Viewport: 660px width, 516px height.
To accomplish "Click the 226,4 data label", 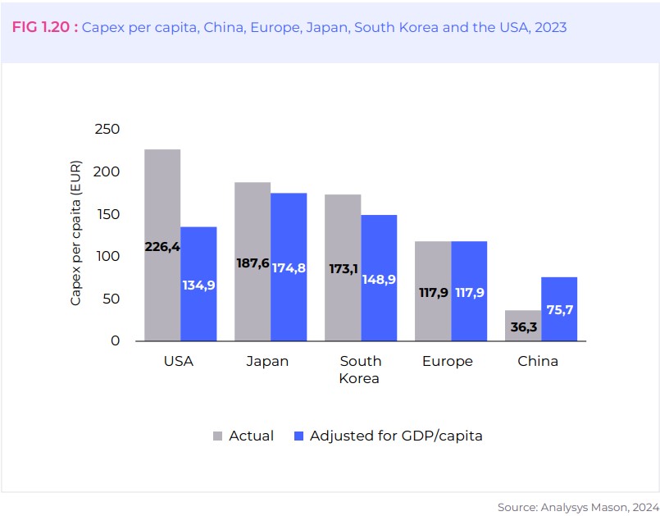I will (162, 246).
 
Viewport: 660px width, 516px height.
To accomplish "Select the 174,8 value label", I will (289, 267).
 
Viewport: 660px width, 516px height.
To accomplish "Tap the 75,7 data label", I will (559, 310).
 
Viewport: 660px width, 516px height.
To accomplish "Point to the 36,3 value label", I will (522, 326).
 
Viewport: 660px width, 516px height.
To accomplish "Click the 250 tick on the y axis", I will (107, 130).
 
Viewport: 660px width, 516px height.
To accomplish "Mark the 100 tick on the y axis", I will (107, 257).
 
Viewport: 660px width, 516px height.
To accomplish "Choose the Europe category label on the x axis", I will (448, 361).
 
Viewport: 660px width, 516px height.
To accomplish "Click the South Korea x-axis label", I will (361, 369).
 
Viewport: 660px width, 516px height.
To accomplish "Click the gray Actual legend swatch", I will (217, 436).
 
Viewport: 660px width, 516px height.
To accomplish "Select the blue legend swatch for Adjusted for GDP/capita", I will (298, 436).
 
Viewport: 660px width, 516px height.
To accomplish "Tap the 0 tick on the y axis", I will (115, 341).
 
